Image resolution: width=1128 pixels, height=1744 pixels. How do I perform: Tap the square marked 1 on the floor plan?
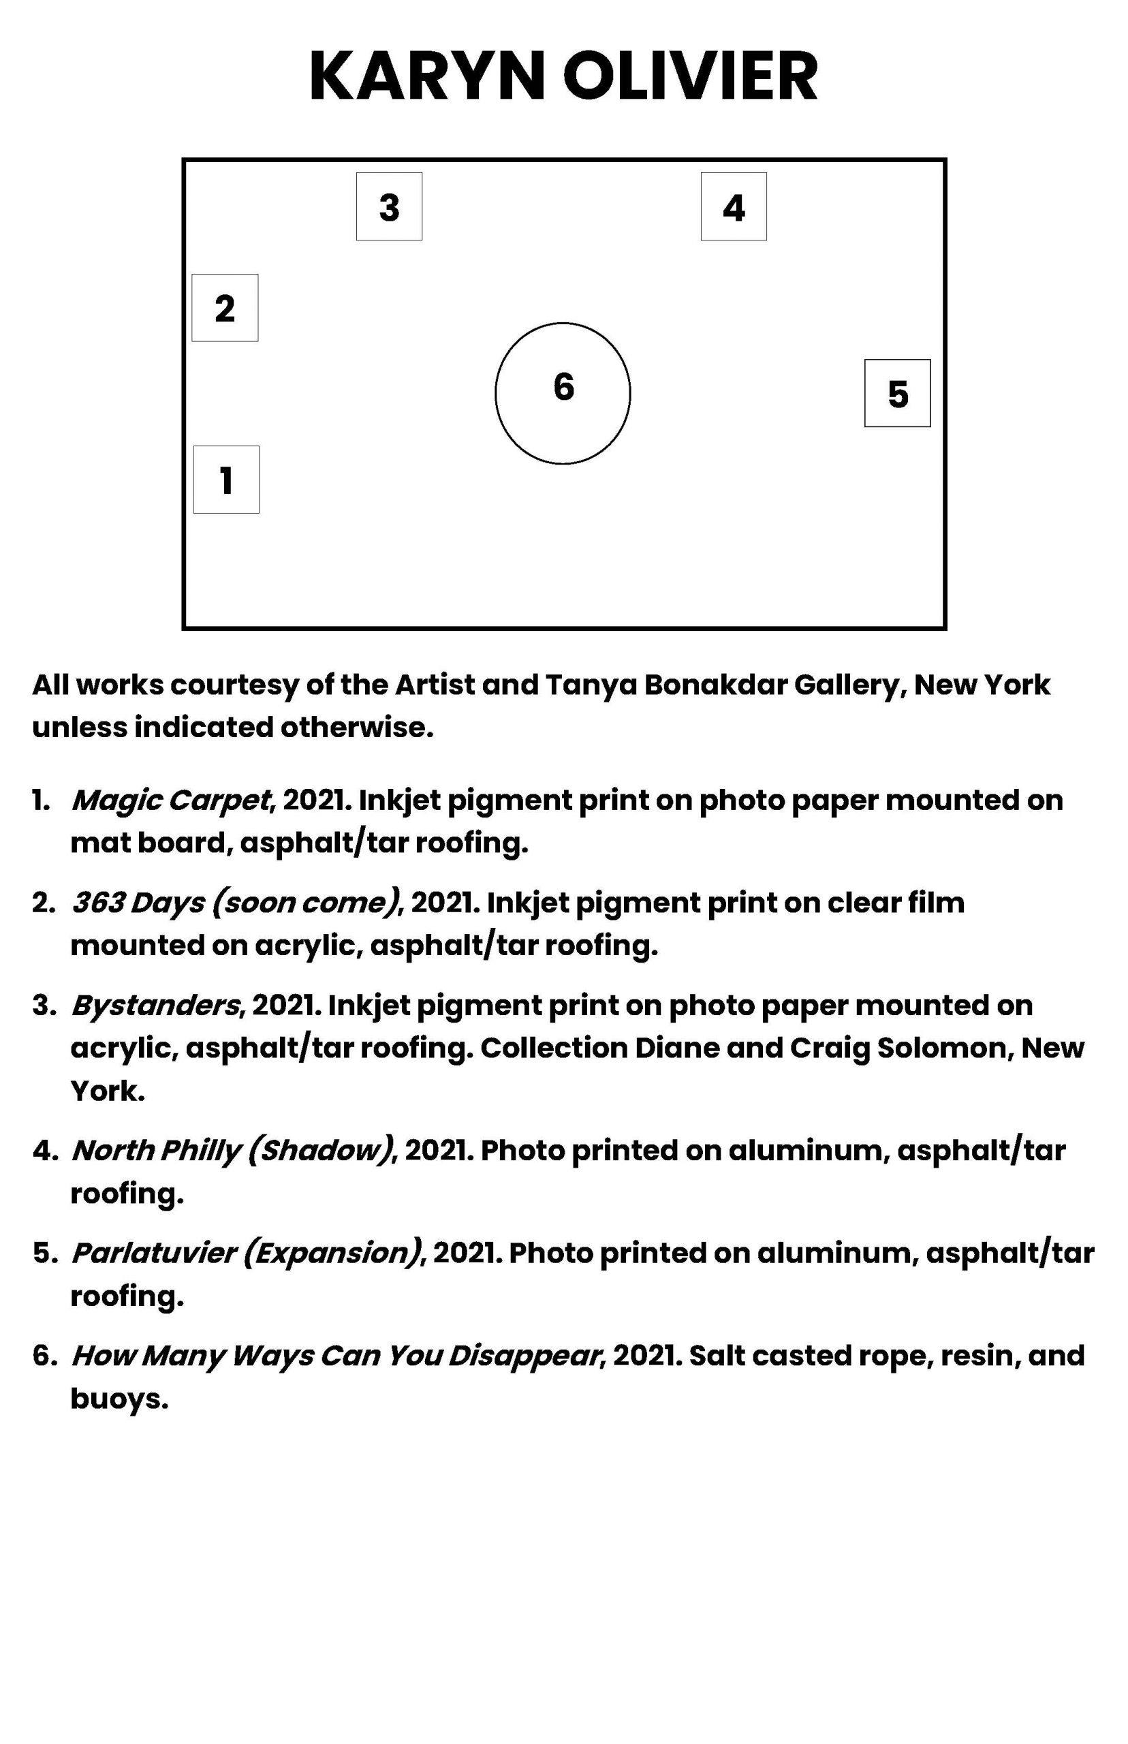pyautogui.click(x=226, y=480)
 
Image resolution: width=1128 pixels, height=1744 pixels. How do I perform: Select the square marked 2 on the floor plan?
pyautogui.click(x=225, y=308)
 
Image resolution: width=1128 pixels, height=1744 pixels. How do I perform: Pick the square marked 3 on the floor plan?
pyautogui.click(x=389, y=206)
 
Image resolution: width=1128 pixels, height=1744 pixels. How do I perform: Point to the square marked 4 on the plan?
pyautogui.click(x=733, y=206)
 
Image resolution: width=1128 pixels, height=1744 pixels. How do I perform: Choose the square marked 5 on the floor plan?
pyautogui.click(x=897, y=393)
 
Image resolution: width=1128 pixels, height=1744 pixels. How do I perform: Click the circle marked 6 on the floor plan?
pyautogui.click(x=563, y=393)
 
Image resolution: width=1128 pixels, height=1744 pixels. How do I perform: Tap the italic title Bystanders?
pyautogui.click(x=155, y=1006)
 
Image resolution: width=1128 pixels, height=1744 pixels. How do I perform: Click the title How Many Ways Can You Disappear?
pyautogui.click(x=335, y=1356)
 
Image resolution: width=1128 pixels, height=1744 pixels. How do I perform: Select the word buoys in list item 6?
pyautogui.click(x=119, y=1399)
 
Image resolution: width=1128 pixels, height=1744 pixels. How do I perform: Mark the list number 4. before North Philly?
pyautogui.click(x=44, y=1151)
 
